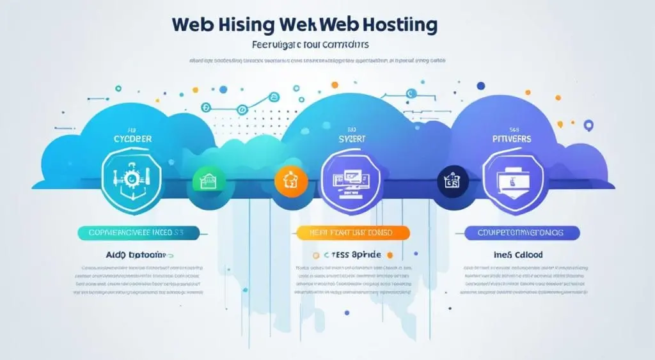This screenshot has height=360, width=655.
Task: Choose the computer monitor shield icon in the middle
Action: point(348,177)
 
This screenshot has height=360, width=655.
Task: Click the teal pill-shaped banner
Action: point(139,233)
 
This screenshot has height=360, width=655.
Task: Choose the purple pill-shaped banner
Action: point(522,233)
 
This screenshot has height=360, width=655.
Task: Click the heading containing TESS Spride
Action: point(351,254)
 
